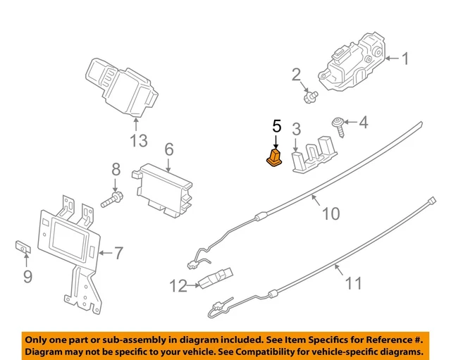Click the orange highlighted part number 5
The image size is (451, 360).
point(273,159)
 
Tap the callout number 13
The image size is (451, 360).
point(138,140)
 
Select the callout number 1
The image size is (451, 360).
point(405,58)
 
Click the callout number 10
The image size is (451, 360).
point(330,213)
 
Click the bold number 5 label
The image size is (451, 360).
point(276,127)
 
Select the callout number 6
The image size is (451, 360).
point(169,149)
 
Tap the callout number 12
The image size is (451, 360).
point(179,286)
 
